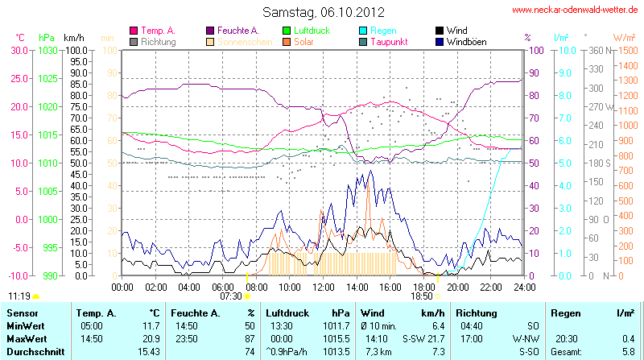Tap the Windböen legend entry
(465, 41)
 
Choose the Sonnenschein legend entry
(239, 41)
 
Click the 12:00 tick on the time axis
(324, 286)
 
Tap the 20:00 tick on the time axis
(457, 286)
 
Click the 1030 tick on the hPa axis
(47, 50)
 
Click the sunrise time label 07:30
(231, 296)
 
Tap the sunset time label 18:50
(421, 296)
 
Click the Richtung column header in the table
(477, 312)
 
